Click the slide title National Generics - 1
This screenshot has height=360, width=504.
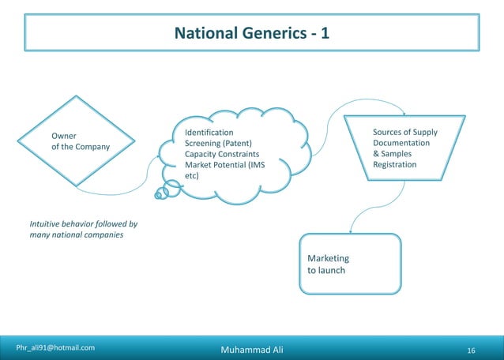251,34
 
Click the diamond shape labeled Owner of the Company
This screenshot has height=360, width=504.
77,141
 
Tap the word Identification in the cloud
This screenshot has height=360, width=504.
209,132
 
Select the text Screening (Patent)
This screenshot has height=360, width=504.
218,143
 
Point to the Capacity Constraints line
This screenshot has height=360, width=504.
221,154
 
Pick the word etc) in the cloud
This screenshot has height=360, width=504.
191,176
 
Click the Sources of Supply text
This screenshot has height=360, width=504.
404,132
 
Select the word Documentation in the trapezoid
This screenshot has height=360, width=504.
401,143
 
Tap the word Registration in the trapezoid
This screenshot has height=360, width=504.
394,165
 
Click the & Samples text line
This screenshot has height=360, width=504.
392,154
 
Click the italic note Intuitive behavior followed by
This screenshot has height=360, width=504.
84,223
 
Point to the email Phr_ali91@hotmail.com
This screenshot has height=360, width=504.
56,347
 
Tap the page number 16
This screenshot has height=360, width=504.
472,349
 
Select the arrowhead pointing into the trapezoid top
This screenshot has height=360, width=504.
404,113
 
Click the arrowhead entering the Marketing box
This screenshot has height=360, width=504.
351,231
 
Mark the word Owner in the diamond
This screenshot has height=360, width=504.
64,136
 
